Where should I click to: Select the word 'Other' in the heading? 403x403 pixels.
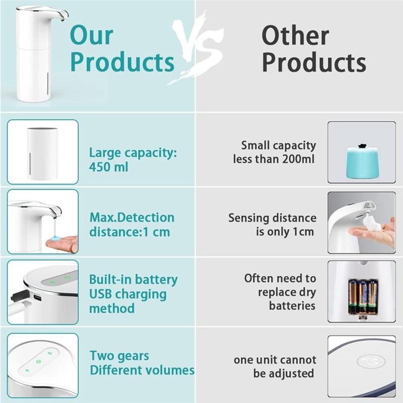tap(295, 36)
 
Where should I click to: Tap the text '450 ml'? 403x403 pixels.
tap(109, 167)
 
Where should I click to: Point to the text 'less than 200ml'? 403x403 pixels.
tap(274, 159)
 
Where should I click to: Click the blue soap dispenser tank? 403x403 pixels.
tap(362, 161)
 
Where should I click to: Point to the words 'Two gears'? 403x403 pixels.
tap(119, 356)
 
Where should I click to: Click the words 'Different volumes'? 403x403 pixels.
tap(142, 370)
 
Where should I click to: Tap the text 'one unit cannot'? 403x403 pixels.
tap(275, 360)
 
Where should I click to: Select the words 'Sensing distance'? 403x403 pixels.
tap(272, 218)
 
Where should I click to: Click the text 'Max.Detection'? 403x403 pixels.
tap(132, 218)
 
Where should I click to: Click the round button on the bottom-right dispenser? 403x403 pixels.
tap(371, 361)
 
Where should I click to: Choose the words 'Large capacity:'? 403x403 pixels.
tap(133, 153)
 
